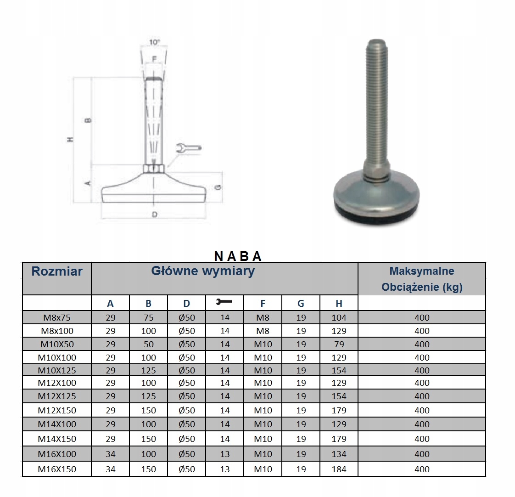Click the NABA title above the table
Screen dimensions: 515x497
tap(238, 256)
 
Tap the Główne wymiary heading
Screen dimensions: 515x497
tap(203, 271)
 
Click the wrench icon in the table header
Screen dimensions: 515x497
tap(224, 301)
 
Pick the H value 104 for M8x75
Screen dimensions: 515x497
tap(339, 317)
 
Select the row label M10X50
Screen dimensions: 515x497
tap(57, 344)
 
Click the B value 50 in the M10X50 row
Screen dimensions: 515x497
tap(148, 344)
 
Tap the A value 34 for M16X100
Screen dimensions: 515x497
tap(110, 454)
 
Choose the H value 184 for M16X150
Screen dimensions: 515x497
tap(339, 469)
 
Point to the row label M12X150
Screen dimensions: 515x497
tap(57, 410)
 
